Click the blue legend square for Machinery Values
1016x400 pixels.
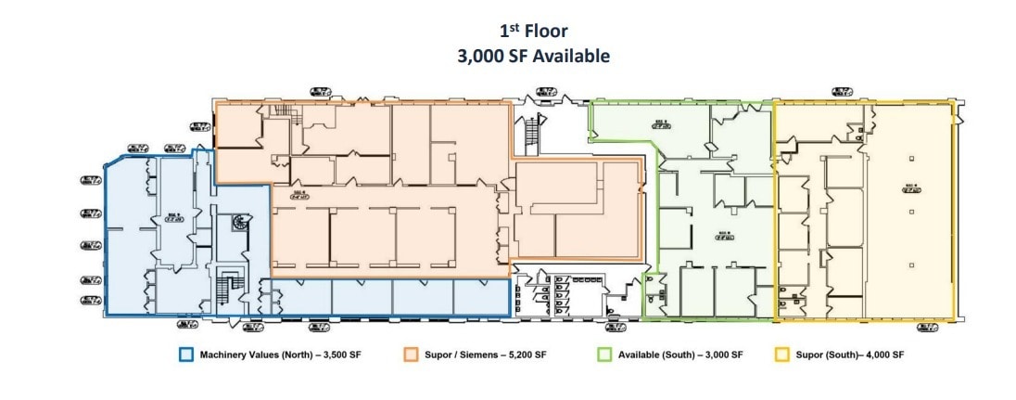coord(186,355)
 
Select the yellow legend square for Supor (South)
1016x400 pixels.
coord(781,355)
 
